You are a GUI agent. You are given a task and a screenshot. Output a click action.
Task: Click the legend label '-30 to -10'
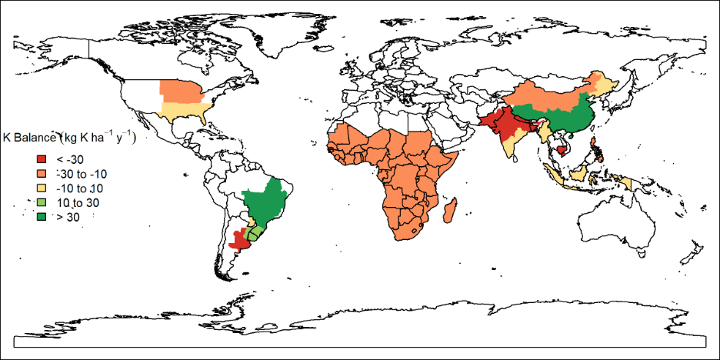pyautogui.click(x=82, y=174)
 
